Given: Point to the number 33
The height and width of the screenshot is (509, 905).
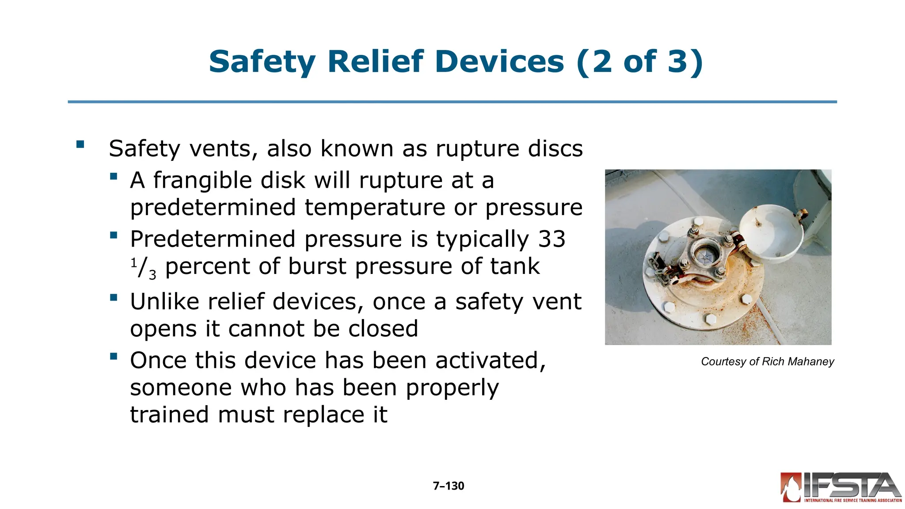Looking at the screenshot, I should pyautogui.click(x=551, y=239).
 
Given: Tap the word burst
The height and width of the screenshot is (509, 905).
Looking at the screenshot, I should pyautogui.click(x=317, y=266).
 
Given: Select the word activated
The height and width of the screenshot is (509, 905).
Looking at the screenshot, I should pyautogui.click(x=491, y=361).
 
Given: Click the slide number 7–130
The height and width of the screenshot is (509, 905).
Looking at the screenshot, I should pyautogui.click(x=449, y=486).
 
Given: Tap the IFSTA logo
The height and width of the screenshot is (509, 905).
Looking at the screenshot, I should pyautogui.click(x=841, y=487).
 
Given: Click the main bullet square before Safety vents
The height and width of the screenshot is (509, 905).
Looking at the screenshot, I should pyautogui.click(x=80, y=144).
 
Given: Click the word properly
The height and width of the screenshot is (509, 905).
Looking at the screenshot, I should pyautogui.click(x=452, y=388).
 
